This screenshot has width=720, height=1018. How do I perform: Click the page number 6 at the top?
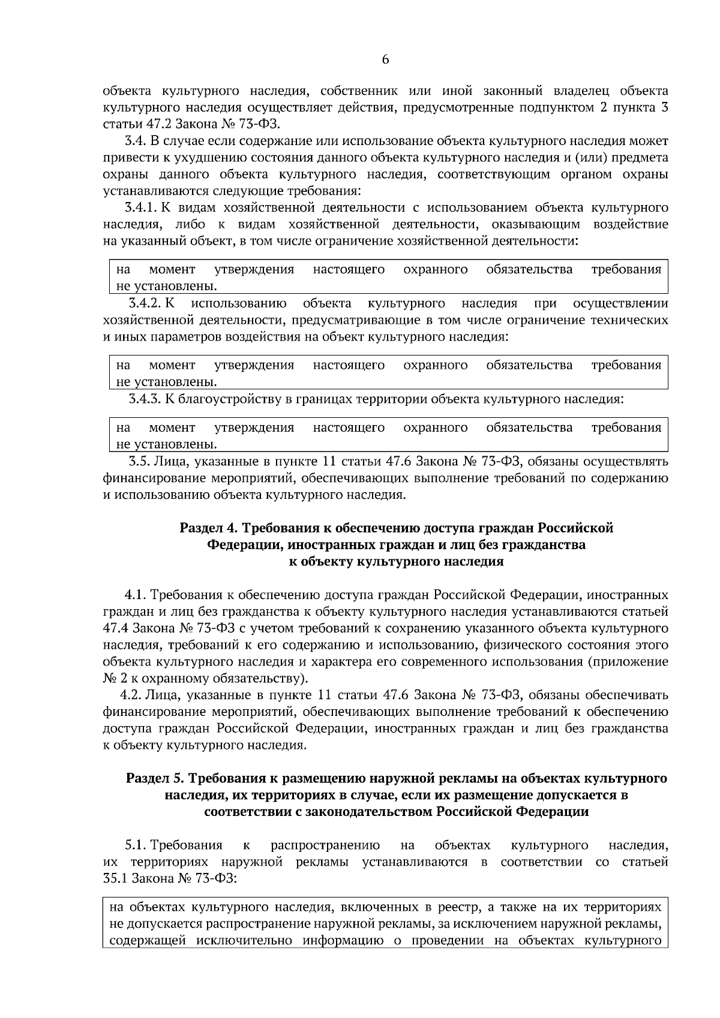[385, 59]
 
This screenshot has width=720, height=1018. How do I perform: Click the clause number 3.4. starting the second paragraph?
[135, 141]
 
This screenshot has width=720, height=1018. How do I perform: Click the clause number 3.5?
[139, 462]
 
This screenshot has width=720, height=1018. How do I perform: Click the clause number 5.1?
[136, 845]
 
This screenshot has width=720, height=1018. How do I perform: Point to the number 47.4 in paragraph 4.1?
[115, 628]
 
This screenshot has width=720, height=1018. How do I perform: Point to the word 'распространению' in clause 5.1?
[325, 845]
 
